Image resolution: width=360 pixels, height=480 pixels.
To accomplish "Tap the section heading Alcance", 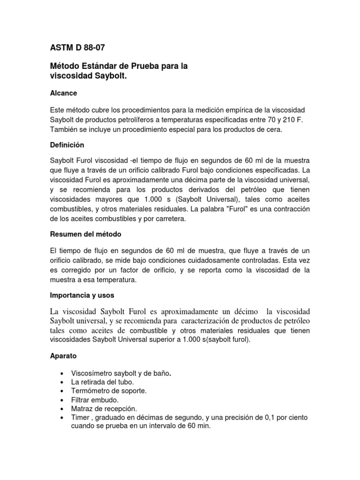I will (x=63, y=93).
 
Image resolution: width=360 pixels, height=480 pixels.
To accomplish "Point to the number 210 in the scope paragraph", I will (x=295, y=120).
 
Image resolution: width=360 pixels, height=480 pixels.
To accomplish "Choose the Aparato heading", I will (x=63, y=356).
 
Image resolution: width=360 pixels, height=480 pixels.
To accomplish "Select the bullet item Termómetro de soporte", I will (x=109, y=391).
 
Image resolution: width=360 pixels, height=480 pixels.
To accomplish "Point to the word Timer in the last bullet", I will (x=80, y=417).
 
